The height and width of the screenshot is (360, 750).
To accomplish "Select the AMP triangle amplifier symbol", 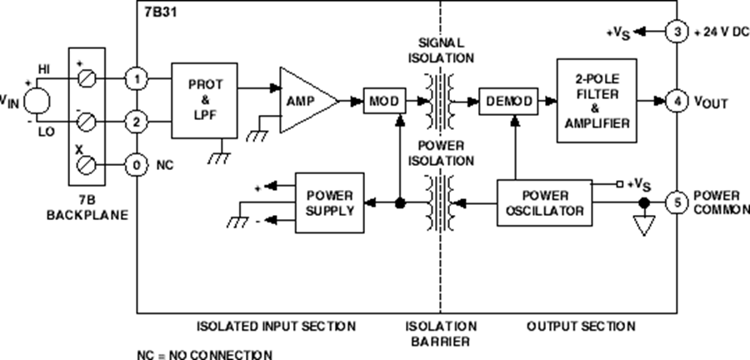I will click(x=305, y=101).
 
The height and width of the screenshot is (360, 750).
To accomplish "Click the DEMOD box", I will click(x=505, y=101).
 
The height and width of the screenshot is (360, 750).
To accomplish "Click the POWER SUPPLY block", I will click(x=329, y=202).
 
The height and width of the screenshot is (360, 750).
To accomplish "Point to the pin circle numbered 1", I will click(x=136, y=80).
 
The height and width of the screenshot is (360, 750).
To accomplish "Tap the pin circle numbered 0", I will click(x=136, y=165).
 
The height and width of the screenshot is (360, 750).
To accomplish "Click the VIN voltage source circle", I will click(x=37, y=101).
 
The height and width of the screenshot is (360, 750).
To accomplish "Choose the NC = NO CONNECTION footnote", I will click(x=204, y=353).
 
